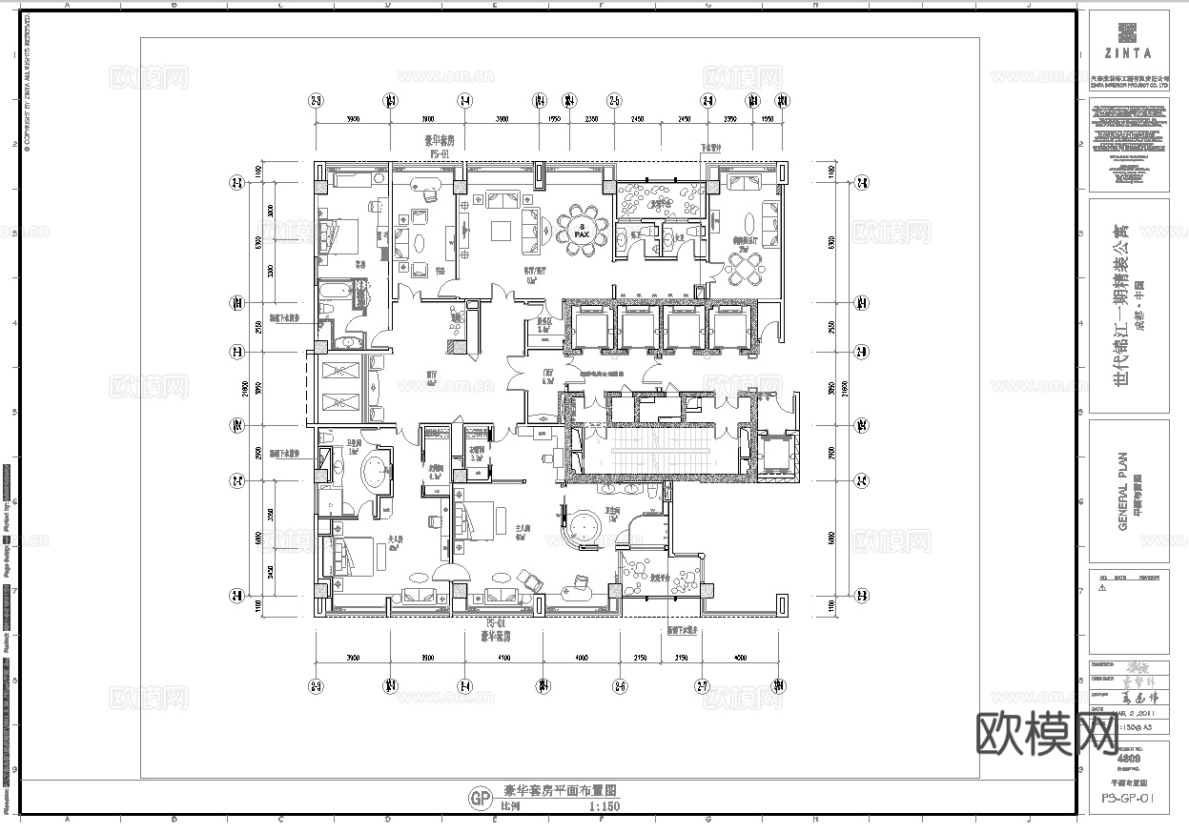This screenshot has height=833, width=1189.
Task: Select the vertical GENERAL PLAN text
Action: point(1122,491)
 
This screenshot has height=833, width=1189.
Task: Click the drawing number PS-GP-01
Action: point(1128,799)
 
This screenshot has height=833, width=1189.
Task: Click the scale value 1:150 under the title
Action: point(605,806)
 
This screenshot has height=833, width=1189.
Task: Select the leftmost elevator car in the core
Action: point(589,328)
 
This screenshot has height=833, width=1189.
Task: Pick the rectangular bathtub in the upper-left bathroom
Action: point(336,289)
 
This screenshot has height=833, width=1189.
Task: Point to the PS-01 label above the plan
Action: point(441,152)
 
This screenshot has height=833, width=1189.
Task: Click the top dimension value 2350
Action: point(591,119)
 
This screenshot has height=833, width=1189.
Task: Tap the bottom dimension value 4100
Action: point(502,659)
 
